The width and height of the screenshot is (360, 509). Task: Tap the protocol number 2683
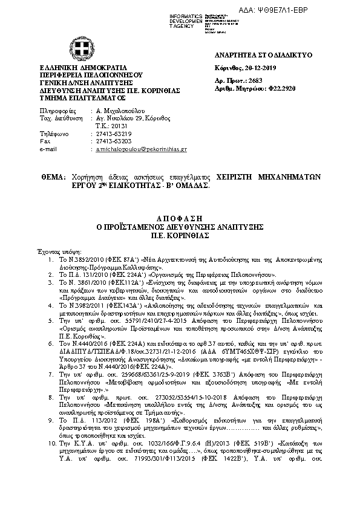point(254,80)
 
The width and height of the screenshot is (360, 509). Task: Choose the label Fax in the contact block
point(44,140)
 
